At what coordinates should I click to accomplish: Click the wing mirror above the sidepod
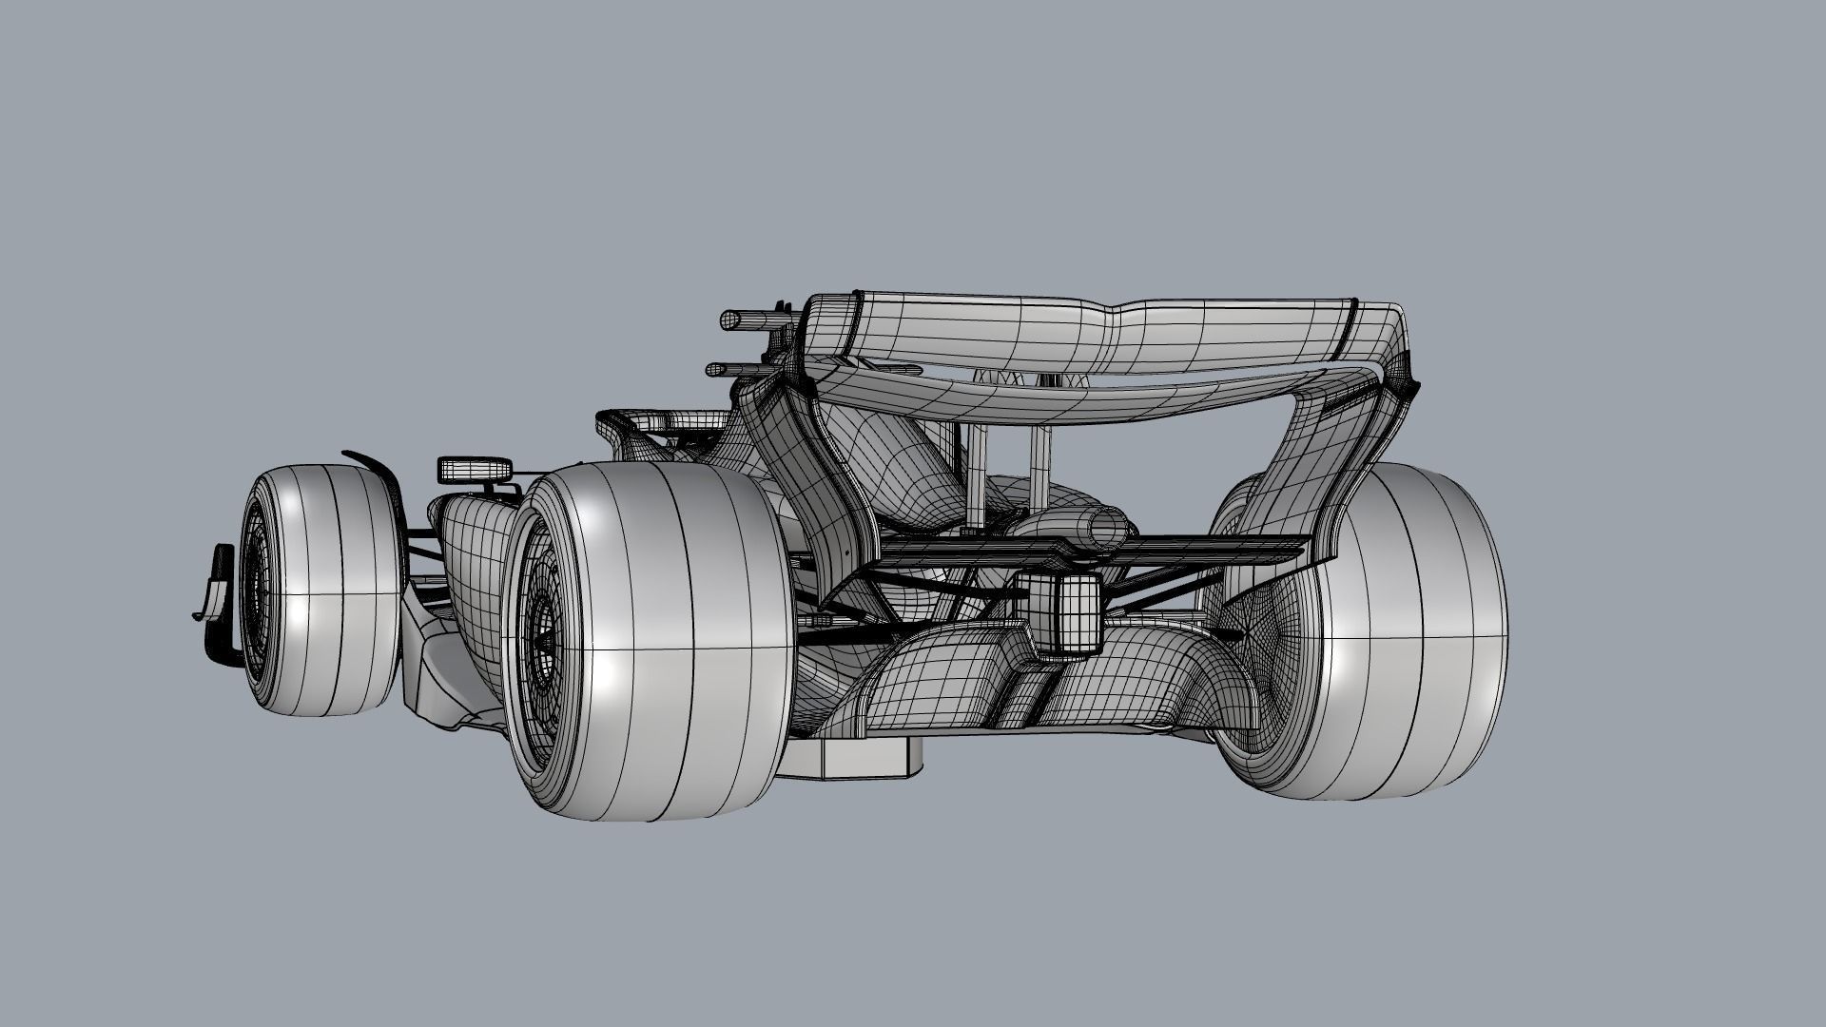tap(475, 469)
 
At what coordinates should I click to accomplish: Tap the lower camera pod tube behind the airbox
tap(732, 369)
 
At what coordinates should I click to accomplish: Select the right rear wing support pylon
tap(1038, 475)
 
